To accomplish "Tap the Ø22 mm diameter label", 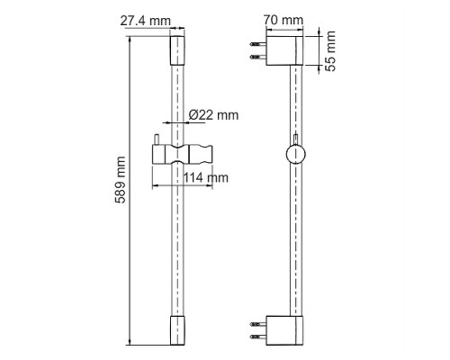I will [214, 115].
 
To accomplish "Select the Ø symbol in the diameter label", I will [195, 115].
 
